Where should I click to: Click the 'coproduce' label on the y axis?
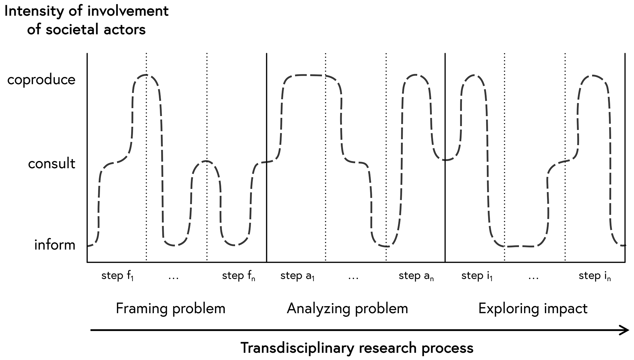click(41, 80)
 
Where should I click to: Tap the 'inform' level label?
click(55, 245)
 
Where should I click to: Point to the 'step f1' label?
click(118, 276)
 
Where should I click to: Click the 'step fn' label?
click(238, 276)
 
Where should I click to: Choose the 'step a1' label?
click(297, 276)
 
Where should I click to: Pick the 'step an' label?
click(416, 276)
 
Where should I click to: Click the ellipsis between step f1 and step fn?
click(173, 278)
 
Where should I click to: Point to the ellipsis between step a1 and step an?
click(353, 278)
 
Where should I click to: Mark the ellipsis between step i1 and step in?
click(533, 278)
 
